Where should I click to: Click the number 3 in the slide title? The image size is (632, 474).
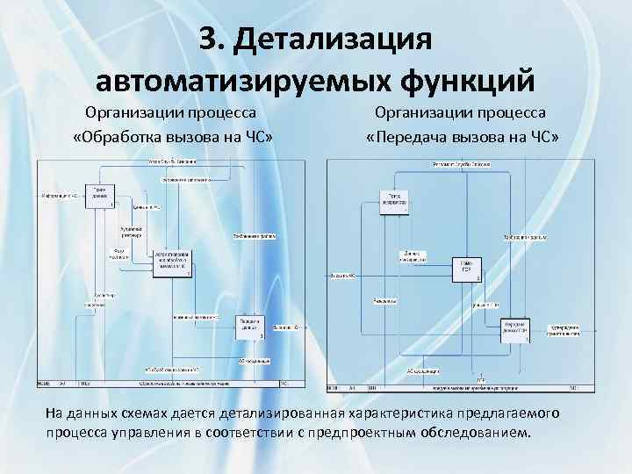[x=206, y=39]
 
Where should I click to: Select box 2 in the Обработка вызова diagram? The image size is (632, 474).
[x=172, y=262]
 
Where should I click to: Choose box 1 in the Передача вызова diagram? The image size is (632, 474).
[x=393, y=201]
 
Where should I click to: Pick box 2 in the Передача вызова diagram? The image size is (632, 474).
[x=466, y=269]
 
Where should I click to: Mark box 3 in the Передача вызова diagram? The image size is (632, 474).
[x=515, y=328]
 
